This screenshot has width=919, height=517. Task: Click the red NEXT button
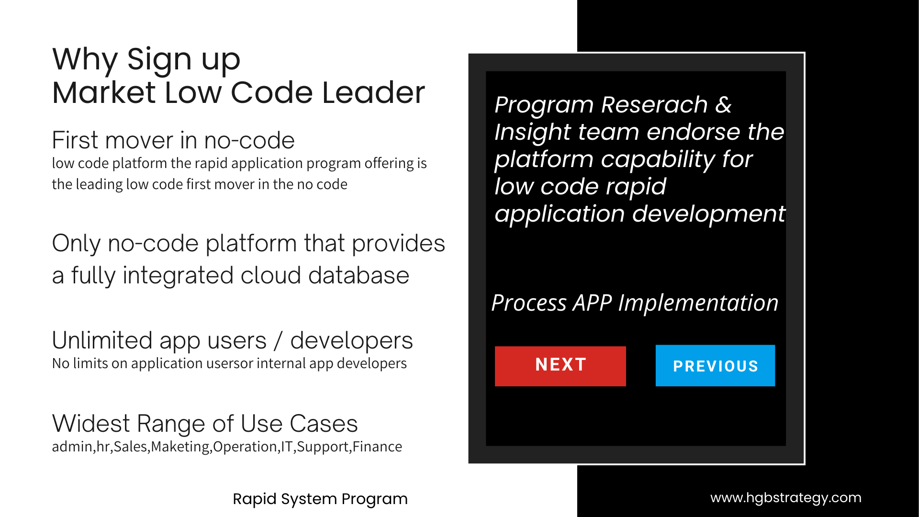560,366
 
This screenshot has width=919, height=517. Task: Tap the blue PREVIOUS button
715,366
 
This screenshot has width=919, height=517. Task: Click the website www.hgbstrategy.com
785,498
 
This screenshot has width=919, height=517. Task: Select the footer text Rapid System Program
320,499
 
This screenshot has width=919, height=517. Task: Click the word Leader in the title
373,92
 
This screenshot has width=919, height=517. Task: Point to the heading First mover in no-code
173,140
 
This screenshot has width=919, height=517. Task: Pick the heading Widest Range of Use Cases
205,424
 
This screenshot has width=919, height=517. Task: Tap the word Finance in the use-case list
377,447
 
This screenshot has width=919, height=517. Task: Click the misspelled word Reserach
654,104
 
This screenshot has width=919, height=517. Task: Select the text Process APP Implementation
635,303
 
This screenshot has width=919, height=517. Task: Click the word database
359,276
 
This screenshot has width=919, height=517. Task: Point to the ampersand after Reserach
723,104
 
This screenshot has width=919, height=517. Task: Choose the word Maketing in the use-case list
180,447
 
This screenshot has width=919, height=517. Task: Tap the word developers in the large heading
351,341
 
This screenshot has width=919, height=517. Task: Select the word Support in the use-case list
323,447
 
